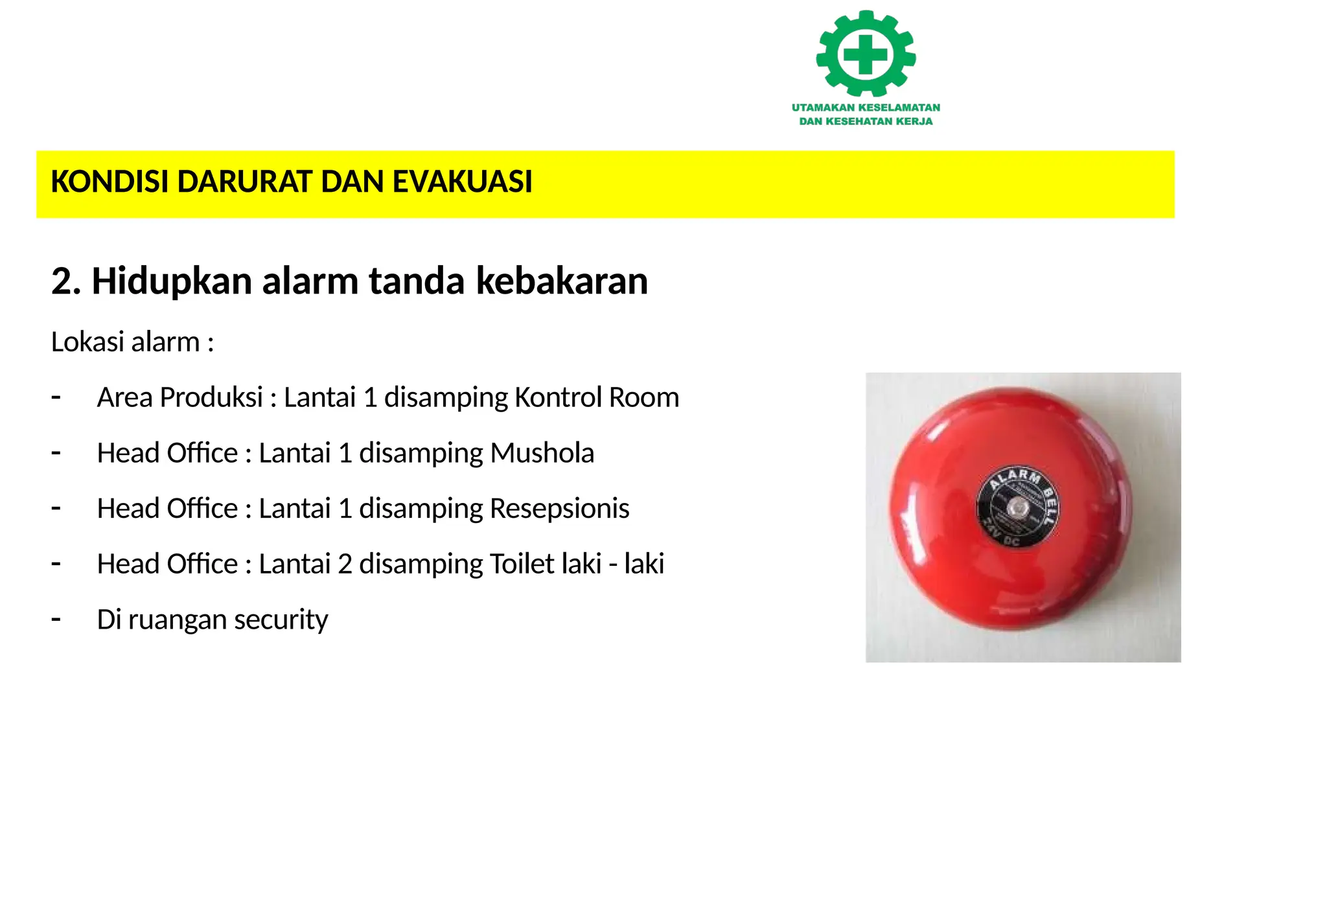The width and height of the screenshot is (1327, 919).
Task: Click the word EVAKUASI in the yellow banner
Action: (x=462, y=181)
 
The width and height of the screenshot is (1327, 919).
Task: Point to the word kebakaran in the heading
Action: (x=562, y=281)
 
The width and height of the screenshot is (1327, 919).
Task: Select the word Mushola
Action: (x=542, y=453)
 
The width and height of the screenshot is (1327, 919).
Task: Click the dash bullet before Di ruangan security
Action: (x=56, y=620)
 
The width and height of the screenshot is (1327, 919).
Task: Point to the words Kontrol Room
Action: (x=596, y=397)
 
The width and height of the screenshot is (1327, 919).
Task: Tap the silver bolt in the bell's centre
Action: (x=1015, y=506)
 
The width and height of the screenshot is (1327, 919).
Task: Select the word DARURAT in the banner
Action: (x=246, y=181)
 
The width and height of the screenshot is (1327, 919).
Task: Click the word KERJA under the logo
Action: (x=914, y=121)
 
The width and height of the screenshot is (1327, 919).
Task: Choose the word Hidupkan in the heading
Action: (x=172, y=281)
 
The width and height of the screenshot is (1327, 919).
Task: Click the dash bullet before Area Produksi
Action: (x=56, y=397)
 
